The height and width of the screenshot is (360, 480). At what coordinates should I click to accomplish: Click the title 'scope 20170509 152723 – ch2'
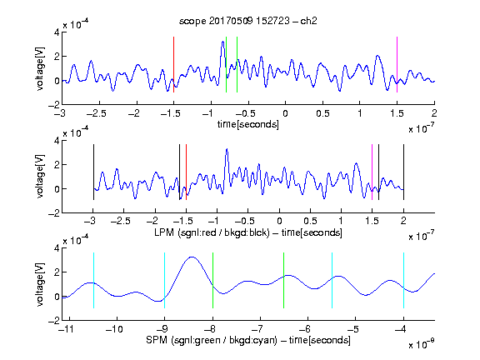pyautogui.click(x=248, y=21)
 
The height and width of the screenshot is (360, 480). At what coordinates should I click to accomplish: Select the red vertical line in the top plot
pyautogui.click(x=173, y=64)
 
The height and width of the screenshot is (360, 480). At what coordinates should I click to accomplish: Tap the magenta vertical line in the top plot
pyautogui.click(x=397, y=64)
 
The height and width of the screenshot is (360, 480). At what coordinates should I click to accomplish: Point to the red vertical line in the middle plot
pyautogui.click(x=186, y=172)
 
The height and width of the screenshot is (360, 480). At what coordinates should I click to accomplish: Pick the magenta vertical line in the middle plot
pyautogui.click(x=372, y=172)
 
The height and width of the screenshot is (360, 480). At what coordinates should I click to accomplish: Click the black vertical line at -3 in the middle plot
pyautogui.click(x=93, y=172)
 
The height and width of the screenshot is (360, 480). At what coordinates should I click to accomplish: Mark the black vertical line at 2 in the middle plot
pyautogui.click(x=403, y=172)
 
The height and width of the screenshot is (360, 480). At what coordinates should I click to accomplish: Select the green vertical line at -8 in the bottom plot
pyautogui.click(x=212, y=280)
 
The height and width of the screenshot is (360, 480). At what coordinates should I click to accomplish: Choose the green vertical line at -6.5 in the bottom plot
pyautogui.click(x=284, y=280)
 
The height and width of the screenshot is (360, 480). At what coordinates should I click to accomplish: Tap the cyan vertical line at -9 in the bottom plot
pyautogui.click(x=164, y=280)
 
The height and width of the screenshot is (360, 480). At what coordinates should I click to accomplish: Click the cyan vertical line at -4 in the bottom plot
pyautogui.click(x=403, y=280)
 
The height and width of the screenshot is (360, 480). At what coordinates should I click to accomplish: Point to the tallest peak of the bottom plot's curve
pyautogui.click(x=192, y=257)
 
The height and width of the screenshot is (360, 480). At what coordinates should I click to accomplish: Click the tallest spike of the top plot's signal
pyautogui.click(x=222, y=42)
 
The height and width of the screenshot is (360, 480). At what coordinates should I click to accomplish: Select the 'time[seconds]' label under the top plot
pyautogui.click(x=248, y=124)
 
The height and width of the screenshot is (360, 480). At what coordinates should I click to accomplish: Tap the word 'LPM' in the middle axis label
pyautogui.click(x=164, y=232)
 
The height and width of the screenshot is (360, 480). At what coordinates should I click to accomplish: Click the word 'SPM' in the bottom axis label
pyautogui.click(x=157, y=340)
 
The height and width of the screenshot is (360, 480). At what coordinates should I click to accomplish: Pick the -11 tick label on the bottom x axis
pyautogui.click(x=67, y=329)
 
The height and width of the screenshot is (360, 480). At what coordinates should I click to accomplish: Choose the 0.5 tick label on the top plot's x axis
pyautogui.click(x=322, y=113)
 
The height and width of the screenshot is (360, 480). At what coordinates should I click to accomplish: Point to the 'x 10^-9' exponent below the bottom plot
pyautogui.click(x=421, y=344)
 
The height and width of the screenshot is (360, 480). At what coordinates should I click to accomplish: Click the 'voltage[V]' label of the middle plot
pyautogui.click(x=40, y=177)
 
